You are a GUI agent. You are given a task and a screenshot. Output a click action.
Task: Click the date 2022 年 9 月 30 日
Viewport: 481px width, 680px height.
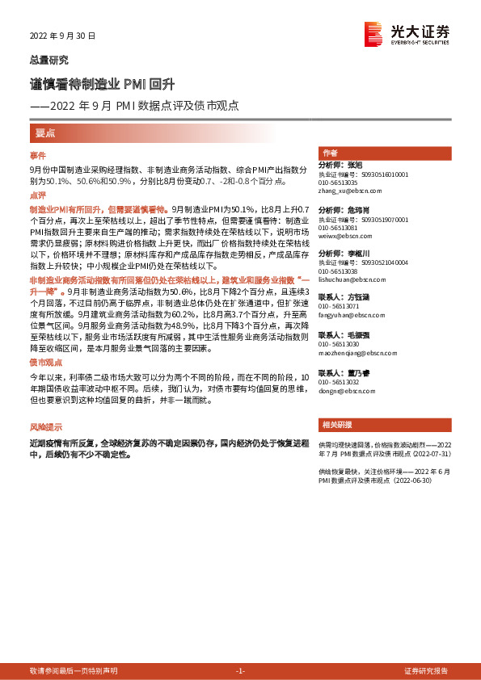(62, 36)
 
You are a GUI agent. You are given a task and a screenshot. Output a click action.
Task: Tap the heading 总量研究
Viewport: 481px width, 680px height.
(49, 60)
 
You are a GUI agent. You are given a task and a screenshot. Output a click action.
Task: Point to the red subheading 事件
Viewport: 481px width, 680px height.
(38, 154)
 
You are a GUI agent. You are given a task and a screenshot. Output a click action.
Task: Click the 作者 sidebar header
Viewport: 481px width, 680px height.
(330, 153)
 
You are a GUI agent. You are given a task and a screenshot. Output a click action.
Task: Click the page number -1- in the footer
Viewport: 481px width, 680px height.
(239, 671)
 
